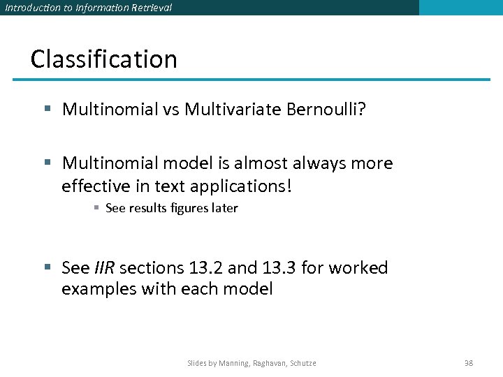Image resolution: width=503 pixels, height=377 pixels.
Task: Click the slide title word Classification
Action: [103, 59]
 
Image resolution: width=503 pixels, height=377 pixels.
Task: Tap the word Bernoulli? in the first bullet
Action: [326, 109]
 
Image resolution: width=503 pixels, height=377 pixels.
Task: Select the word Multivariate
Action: [233, 109]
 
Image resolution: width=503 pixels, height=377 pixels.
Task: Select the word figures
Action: [189, 208]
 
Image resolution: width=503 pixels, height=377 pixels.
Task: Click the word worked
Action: [360, 268]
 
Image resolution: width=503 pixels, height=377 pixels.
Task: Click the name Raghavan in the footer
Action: [268, 363]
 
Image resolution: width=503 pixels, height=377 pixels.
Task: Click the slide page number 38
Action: [469, 363]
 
